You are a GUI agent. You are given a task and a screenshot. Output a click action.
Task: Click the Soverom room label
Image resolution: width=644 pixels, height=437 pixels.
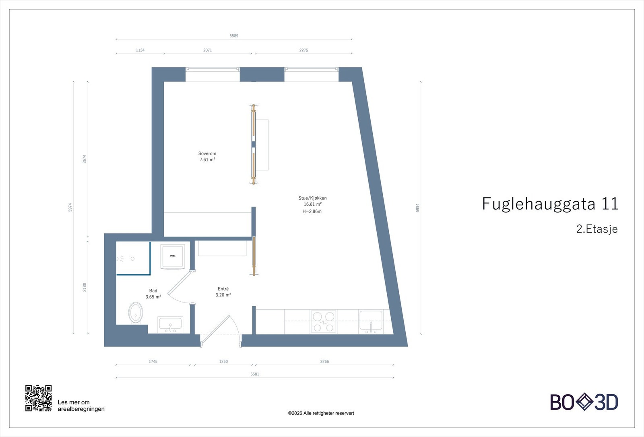pyautogui.click(x=207, y=153)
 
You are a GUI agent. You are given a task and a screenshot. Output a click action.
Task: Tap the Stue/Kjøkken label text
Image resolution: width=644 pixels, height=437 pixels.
pyautogui.click(x=312, y=198)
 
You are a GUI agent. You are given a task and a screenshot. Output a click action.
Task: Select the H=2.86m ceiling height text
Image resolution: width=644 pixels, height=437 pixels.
pyautogui.click(x=312, y=211)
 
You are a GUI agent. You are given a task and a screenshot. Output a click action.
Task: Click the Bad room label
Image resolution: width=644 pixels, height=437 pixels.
pyautogui.click(x=153, y=291)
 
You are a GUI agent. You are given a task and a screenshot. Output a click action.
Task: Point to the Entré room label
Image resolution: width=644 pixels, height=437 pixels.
pyautogui.click(x=223, y=289)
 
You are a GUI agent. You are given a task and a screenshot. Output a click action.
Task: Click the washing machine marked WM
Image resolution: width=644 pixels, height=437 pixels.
pyautogui.click(x=173, y=256)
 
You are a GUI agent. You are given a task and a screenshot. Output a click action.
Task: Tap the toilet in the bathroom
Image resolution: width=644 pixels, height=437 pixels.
pyautogui.click(x=136, y=313)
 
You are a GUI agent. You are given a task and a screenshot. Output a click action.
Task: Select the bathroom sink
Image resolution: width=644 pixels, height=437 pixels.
pyautogui.click(x=170, y=324)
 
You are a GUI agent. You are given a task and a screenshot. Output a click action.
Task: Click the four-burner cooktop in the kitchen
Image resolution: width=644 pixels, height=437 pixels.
pyautogui.click(x=323, y=321)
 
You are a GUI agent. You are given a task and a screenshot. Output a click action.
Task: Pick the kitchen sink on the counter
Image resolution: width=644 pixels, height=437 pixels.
pyautogui.click(x=371, y=321)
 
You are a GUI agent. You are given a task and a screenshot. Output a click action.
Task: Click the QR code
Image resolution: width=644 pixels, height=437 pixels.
pyautogui.click(x=39, y=398)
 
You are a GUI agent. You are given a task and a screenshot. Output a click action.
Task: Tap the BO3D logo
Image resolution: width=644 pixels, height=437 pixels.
pyautogui.click(x=584, y=402)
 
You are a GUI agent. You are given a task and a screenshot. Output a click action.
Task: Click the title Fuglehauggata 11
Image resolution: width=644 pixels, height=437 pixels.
pyautogui.click(x=550, y=204)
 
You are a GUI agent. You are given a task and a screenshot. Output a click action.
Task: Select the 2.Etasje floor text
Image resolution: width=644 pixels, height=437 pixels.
pyautogui.click(x=597, y=229)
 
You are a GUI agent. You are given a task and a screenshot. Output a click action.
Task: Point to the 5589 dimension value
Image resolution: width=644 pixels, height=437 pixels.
pyautogui.click(x=234, y=36)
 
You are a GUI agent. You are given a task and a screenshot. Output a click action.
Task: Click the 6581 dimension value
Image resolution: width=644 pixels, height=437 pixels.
pyautogui.click(x=255, y=374)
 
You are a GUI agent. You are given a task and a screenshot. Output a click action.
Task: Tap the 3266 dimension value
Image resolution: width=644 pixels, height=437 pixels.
pyautogui.click(x=324, y=362)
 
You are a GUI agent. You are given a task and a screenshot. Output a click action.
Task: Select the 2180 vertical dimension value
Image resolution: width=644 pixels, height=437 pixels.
pyautogui.click(x=85, y=287)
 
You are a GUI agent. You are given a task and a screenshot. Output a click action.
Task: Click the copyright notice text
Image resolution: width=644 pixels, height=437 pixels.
pyautogui.click(x=321, y=413)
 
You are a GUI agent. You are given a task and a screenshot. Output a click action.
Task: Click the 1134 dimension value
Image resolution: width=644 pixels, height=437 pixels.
pyautogui.click(x=140, y=50)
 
